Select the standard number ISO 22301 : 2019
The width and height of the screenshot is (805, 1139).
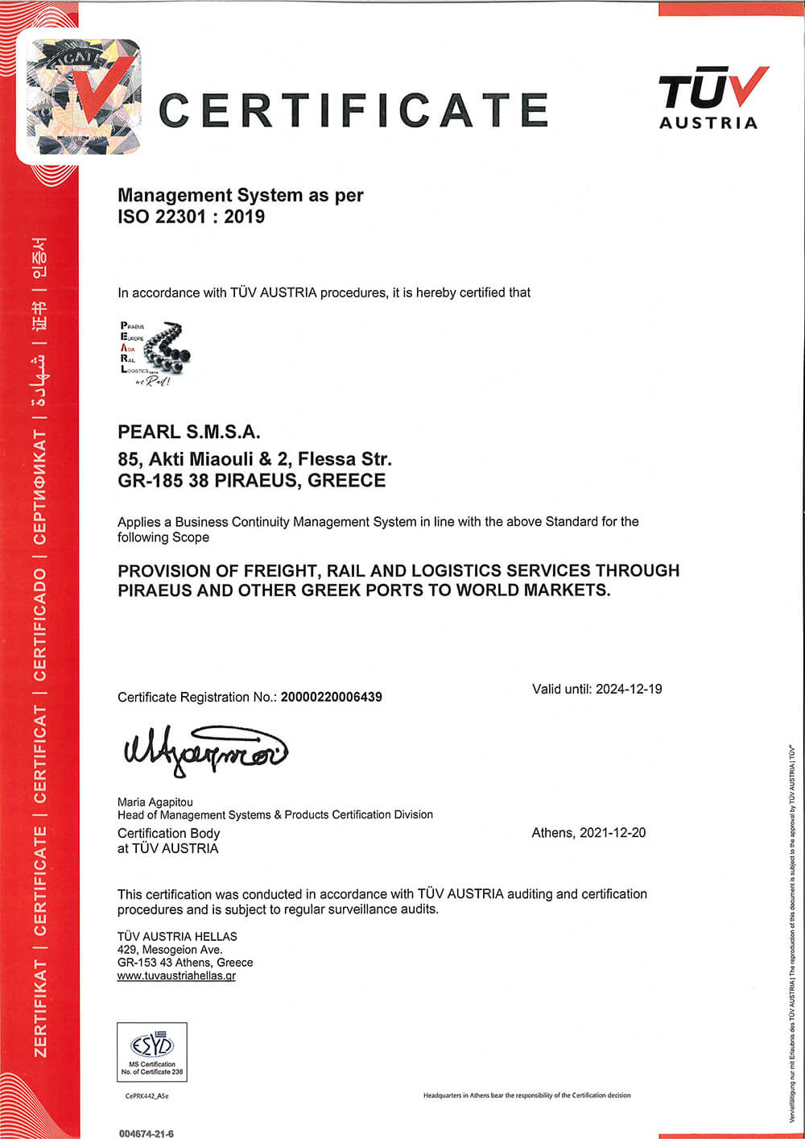tap(191, 217)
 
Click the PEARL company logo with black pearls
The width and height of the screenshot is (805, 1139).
tap(156, 353)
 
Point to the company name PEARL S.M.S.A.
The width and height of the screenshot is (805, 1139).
tap(189, 432)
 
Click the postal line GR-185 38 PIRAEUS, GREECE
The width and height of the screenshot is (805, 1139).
tap(251, 481)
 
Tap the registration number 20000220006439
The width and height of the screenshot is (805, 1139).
tap(331, 697)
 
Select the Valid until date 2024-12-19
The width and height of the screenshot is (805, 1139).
tap(629, 689)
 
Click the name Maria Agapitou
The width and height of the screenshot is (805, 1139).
tap(155, 801)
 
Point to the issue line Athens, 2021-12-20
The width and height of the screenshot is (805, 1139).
tap(588, 833)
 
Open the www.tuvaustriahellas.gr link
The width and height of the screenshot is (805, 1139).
tap(176, 975)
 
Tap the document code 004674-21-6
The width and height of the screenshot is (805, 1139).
tap(147, 1133)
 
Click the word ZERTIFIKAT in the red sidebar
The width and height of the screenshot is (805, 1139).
tap(40, 1008)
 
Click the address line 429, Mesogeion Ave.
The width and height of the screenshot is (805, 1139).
tap(170, 950)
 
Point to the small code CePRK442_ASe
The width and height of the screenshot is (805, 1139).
tap(147, 1096)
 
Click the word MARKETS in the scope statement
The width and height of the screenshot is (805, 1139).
tap(563, 590)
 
